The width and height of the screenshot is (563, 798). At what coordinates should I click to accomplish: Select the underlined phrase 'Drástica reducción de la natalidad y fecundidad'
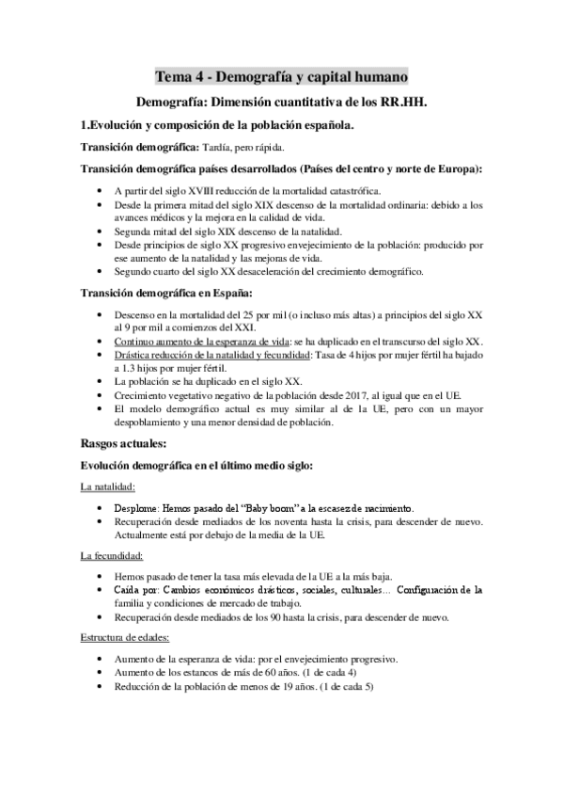coord(219,354)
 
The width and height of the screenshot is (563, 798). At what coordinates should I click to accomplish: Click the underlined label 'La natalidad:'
coord(107,487)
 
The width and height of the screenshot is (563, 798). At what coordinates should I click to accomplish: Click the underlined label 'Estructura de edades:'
coord(126,638)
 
